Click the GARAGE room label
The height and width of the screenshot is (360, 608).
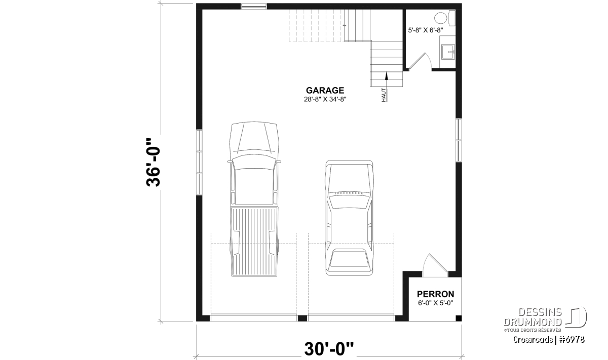325,90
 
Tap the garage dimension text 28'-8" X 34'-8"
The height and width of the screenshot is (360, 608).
325,99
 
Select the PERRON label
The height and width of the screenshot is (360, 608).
435,294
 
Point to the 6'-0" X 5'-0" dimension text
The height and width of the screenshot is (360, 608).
435,303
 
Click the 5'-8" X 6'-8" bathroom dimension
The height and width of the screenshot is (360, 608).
425,30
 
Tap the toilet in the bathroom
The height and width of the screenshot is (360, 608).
445,18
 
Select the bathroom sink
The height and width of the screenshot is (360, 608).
447,52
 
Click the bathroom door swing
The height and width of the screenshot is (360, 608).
420,62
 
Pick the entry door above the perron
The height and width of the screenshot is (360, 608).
435,266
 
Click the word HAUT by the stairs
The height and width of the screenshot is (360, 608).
384,95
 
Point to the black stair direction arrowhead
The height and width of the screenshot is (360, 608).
386,76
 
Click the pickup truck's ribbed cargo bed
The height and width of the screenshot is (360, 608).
254,242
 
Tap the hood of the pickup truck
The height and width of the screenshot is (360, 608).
254,138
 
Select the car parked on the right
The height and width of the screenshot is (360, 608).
349,218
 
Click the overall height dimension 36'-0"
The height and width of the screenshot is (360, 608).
153,162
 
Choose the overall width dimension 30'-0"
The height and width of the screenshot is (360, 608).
329,349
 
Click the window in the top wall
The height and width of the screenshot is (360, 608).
254,6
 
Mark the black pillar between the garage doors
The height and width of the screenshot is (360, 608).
302,318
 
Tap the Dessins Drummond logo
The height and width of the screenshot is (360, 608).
545,319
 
